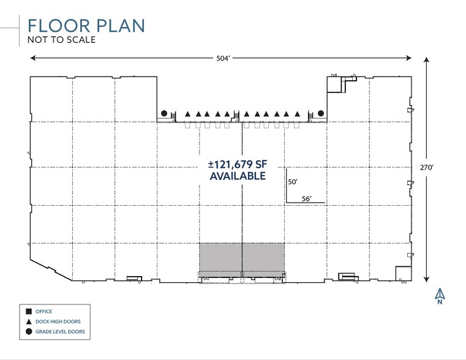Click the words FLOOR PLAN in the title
click(86, 26)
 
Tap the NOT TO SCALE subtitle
click(61, 40)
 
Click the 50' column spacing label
click(293, 182)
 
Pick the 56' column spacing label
click(307, 197)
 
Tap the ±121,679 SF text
click(238, 165)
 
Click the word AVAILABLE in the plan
click(238, 176)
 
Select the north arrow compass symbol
click(440, 296)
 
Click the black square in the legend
click(29, 312)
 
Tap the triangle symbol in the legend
click(29, 321)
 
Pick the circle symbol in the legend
click(29, 332)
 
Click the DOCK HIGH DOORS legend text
click(58, 321)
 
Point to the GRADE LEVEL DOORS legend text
click(61, 332)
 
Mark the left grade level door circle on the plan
click(164, 113)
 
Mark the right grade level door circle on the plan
click(320, 113)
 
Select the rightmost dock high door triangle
click(297, 113)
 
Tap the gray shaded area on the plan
click(242, 257)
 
